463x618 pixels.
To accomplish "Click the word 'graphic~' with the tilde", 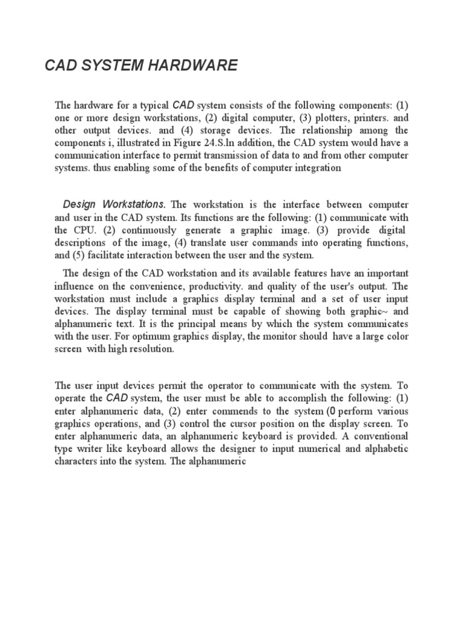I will [370, 311].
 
